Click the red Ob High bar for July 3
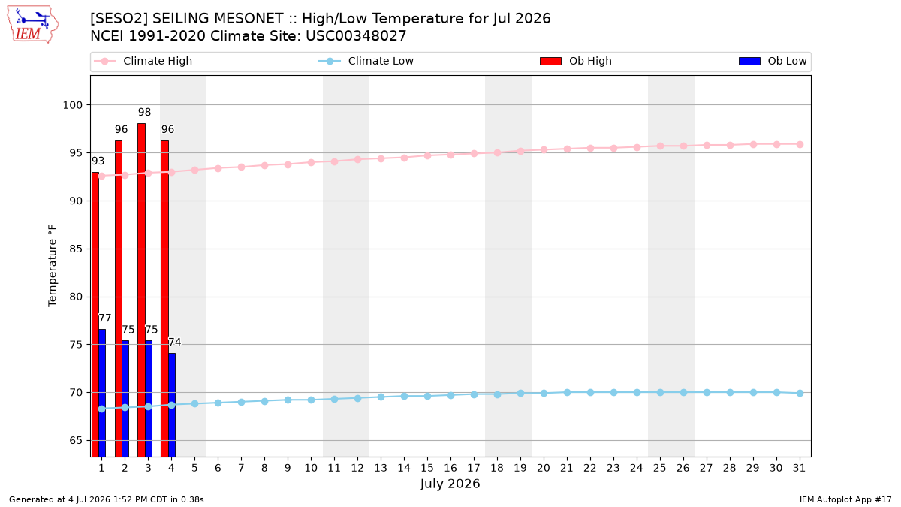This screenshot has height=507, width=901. tap(142, 290)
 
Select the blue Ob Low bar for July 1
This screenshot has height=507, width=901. tap(102, 393)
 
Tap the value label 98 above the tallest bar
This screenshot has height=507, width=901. tap(144, 112)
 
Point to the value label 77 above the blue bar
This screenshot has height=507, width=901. tap(104, 318)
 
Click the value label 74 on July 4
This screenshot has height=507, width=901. tap(174, 342)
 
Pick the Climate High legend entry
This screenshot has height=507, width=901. tap(143, 61)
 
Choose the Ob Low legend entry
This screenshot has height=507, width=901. tap(773, 61)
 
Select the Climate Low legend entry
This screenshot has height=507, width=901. tap(366, 61)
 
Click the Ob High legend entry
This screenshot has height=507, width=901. tap(576, 61)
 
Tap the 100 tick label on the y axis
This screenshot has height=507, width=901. tap(72, 105)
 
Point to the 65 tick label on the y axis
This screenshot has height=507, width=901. tap(76, 441)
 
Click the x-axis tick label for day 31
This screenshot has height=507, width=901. tap(799, 468)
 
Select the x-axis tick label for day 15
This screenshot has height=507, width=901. tap(427, 468)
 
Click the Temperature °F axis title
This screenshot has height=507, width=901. tap(53, 266)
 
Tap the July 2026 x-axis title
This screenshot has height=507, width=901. tap(450, 484)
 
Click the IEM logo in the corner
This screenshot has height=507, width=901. tap(32, 25)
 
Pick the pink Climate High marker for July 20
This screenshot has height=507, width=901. tap(544, 150)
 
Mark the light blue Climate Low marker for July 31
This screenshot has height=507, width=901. tap(800, 393)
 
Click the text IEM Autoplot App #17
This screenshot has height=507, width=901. tap(845, 499)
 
